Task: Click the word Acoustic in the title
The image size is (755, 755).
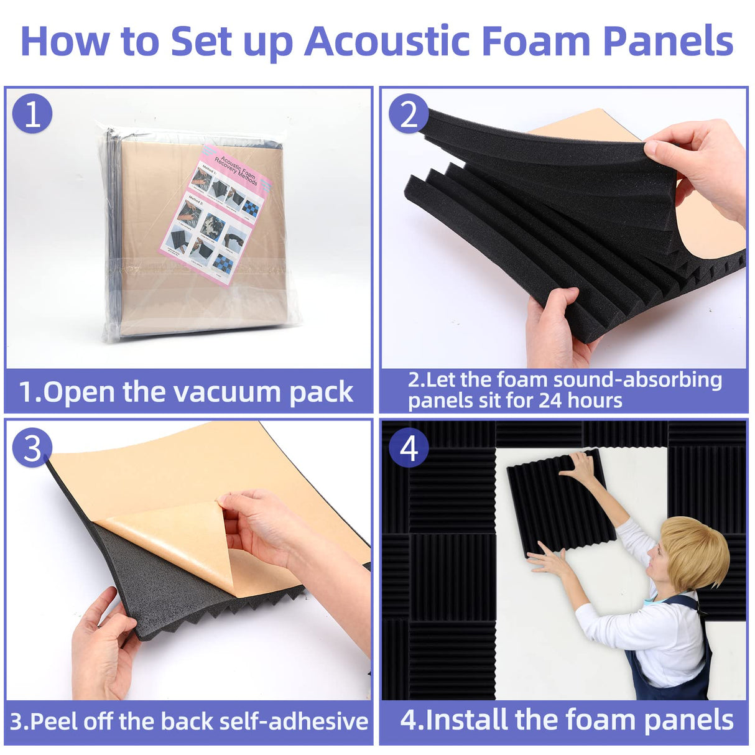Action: [387, 41]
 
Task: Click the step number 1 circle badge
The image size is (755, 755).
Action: [32, 114]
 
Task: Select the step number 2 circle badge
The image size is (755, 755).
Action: [409, 114]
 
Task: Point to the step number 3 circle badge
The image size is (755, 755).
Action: [32, 447]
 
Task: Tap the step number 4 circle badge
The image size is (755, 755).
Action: [409, 447]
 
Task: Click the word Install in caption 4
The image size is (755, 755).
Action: [466, 720]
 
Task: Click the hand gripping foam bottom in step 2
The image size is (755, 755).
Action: [555, 330]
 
